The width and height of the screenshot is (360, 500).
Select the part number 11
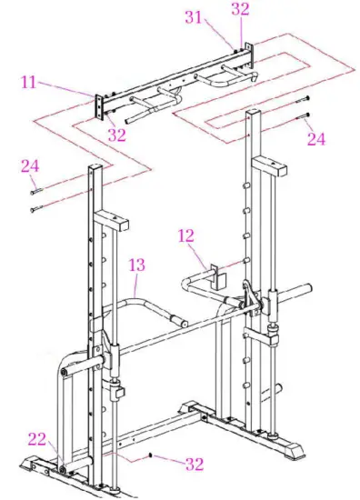(x=28, y=82)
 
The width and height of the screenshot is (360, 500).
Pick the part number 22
(x=36, y=439)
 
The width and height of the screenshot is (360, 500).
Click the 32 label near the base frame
(x=194, y=464)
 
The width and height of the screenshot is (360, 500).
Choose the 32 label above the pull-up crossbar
(x=240, y=10)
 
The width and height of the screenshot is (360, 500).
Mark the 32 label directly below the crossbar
(x=117, y=136)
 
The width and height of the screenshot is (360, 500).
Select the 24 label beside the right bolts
(x=315, y=138)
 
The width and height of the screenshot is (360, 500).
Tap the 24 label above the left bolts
(x=31, y=166)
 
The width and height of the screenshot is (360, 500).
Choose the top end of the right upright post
(x=255, y=112)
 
